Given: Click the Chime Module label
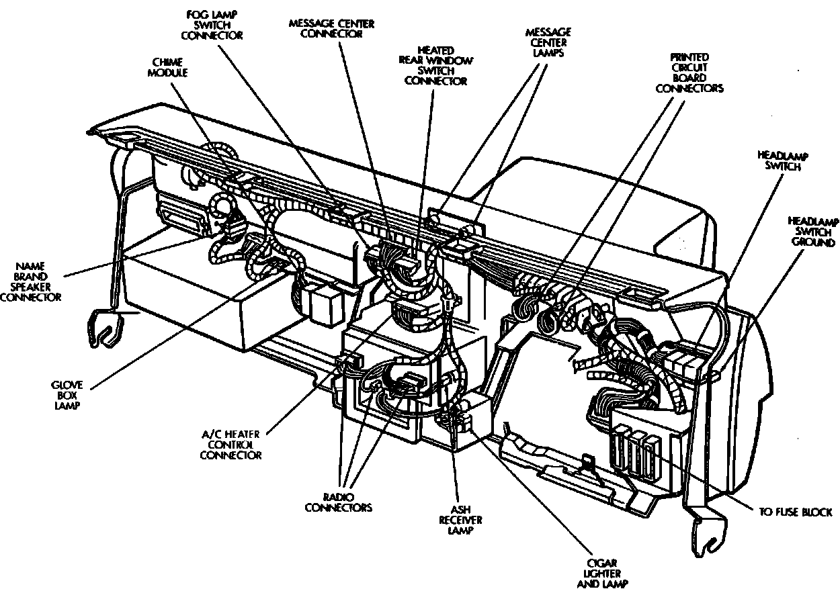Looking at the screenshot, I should click(x=168, y=67).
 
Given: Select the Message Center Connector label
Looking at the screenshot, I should click(x=331, y=29).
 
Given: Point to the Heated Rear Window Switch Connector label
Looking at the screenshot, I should click(x=436, y=66).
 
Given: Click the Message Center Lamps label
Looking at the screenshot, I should click(x=548, y=42).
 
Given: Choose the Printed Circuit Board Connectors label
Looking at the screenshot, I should click(x=689, y=73).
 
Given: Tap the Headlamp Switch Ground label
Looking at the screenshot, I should click(x=812, y=232).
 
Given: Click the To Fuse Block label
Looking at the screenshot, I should click(x=796, y=512).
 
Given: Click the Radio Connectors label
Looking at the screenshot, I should click(x=339, y=502).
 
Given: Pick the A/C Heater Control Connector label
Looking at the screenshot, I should click(x=230, y=445).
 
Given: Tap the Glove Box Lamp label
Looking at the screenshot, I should click(x=67, y=396).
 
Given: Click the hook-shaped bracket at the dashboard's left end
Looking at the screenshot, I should click(x=106, y=328).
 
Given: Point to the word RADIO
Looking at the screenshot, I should click(x=339, y=496).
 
